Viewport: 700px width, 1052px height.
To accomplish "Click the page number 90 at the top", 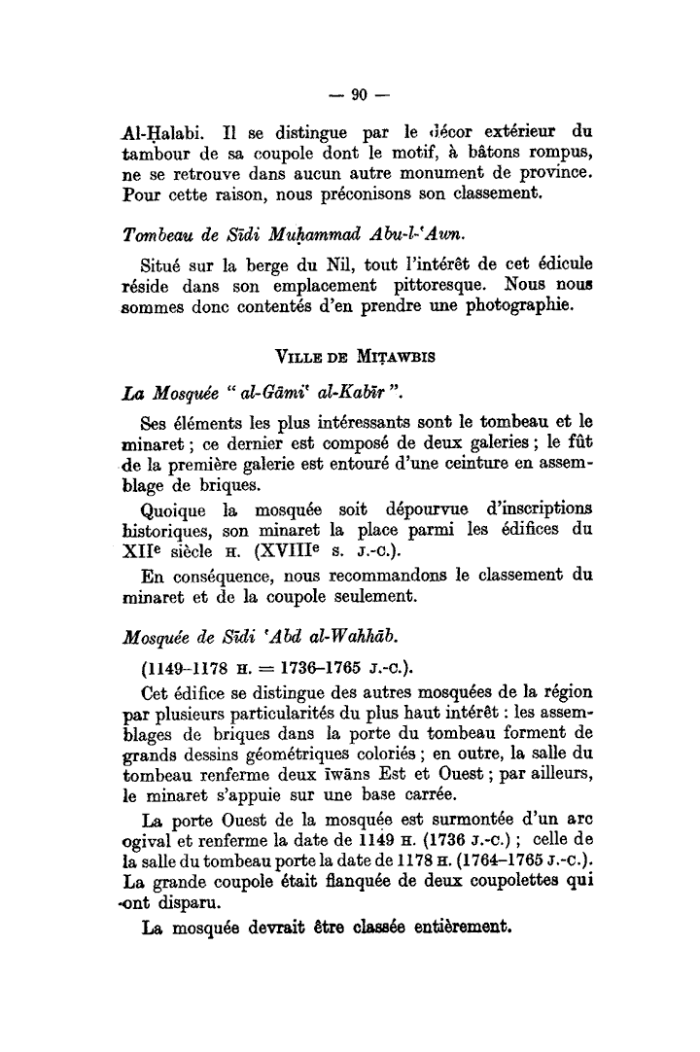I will (x=358, y=94).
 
